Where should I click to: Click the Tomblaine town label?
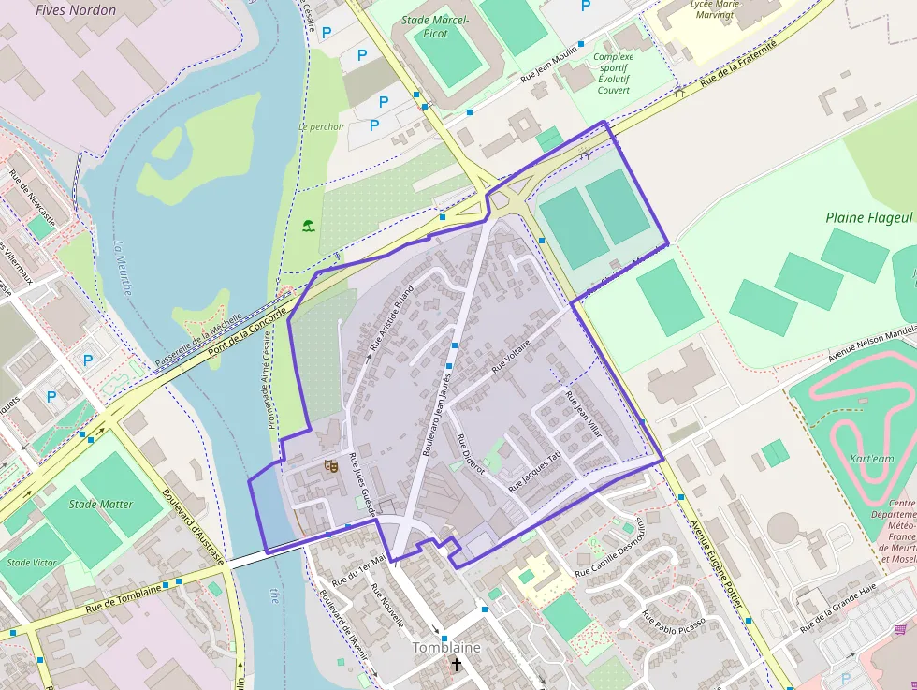[446, 648]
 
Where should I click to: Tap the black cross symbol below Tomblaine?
[456, 665]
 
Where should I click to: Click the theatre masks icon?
[329, 465]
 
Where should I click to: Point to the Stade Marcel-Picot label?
[436, 26]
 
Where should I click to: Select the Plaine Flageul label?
[868, 217]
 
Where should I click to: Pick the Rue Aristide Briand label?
[390, 318]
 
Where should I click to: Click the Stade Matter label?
[101, 504]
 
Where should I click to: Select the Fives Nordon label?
[76, 10]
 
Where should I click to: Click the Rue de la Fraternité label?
[738, 68]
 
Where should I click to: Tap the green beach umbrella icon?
[308, 225]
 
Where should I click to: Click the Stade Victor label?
[32, 563]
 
